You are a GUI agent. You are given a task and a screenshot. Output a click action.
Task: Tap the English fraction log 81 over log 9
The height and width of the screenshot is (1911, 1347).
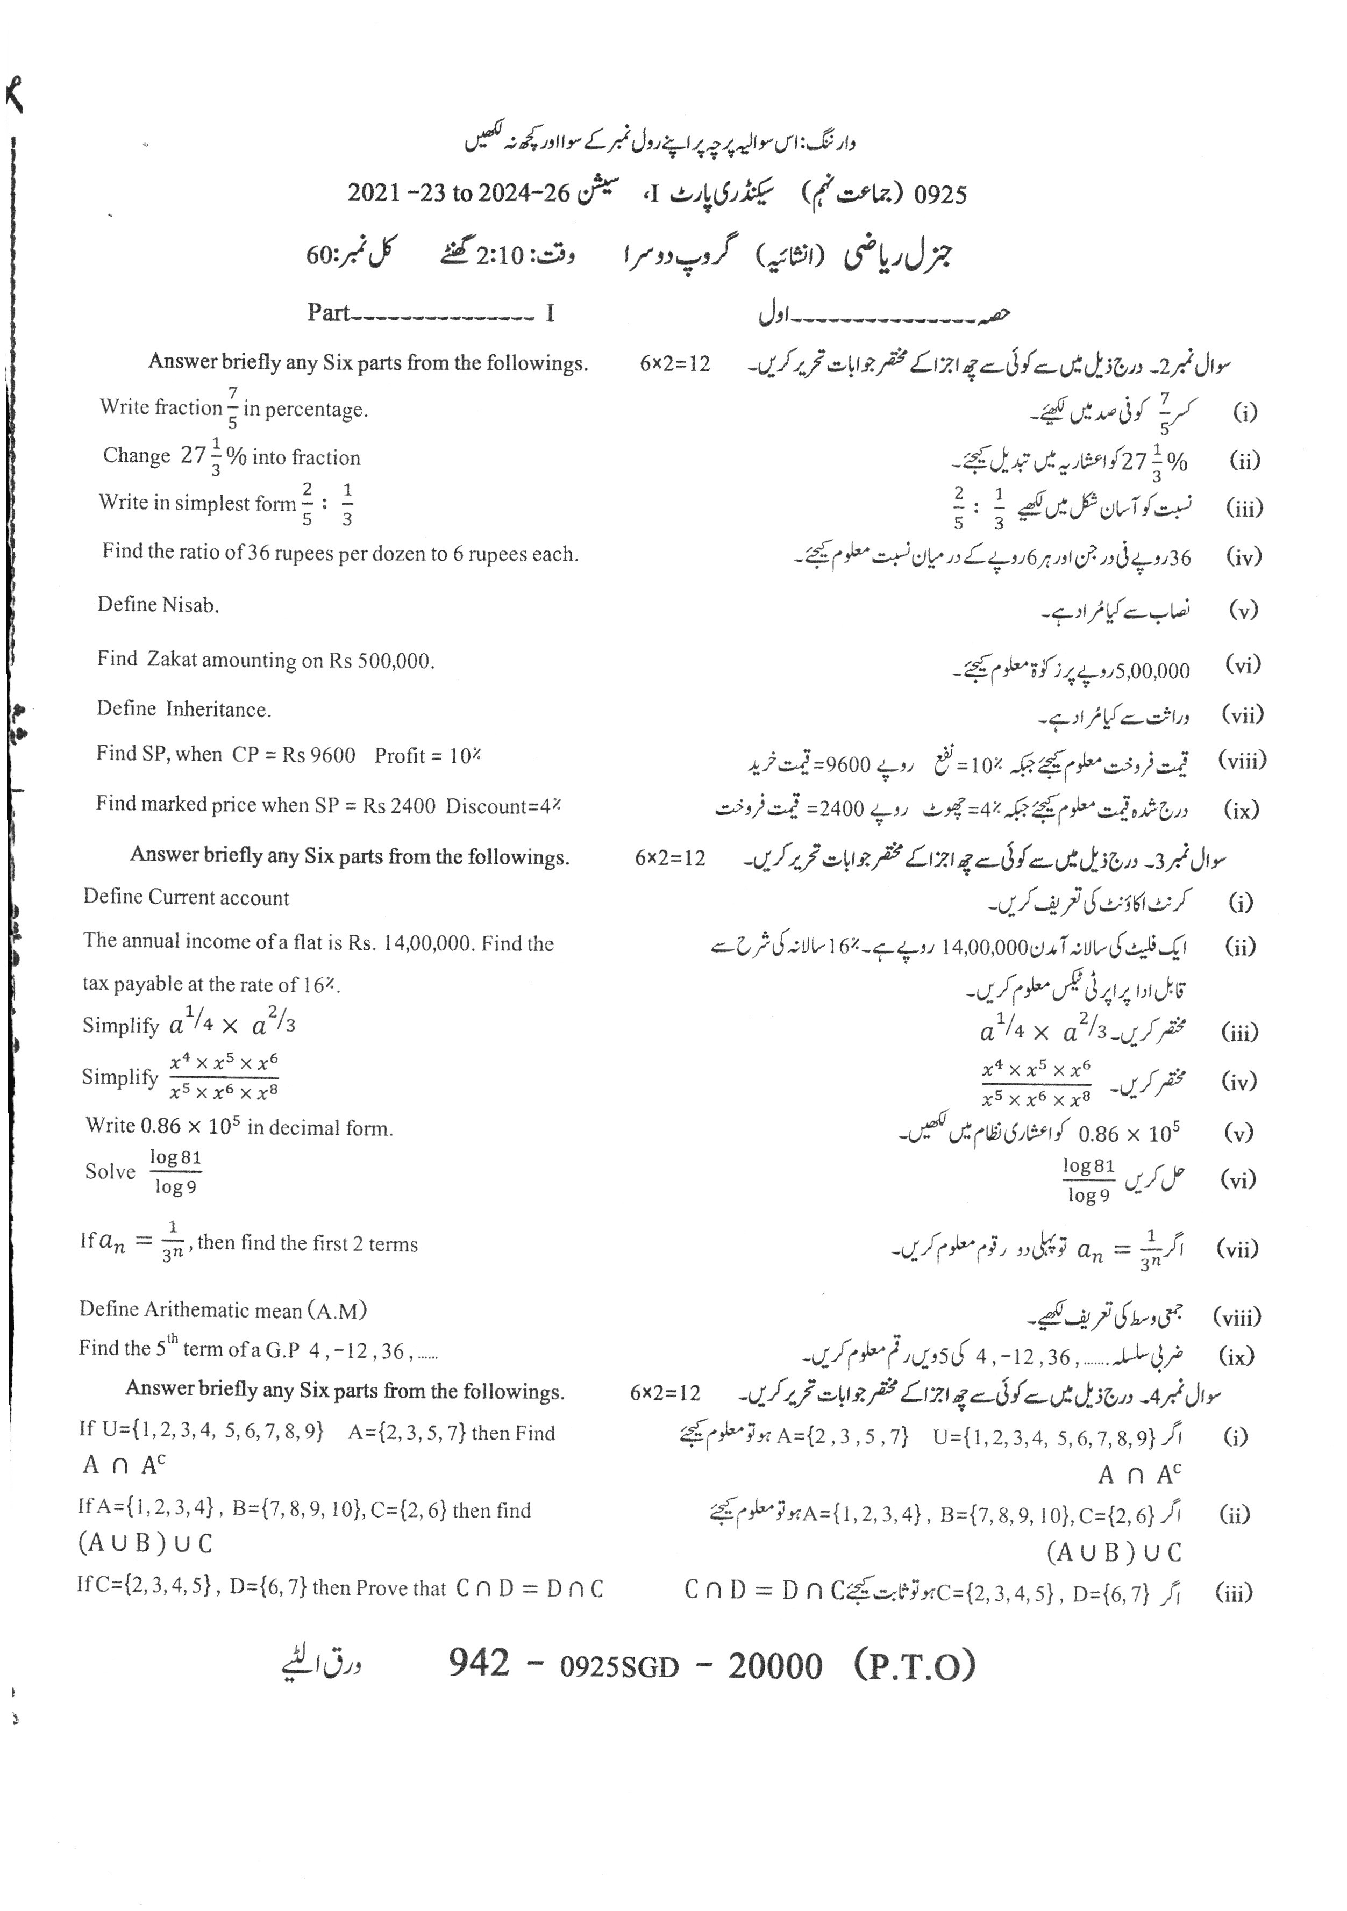click(x=176, y=1172)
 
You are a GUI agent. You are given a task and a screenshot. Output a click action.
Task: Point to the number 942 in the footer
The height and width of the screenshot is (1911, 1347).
click(x=479, y=1664)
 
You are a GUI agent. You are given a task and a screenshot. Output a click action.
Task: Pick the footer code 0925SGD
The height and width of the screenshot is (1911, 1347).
click(x=619, y=1666)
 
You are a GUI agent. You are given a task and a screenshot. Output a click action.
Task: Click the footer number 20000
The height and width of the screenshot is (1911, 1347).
click(x=774, y=1665)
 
